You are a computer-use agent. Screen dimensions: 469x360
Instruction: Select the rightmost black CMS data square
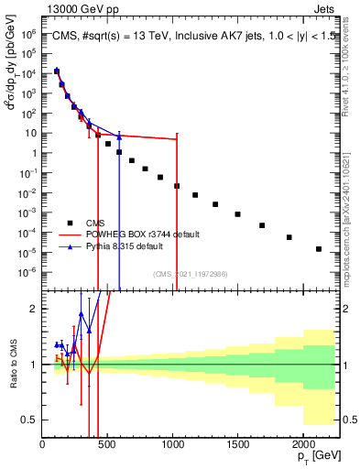coord(319,248)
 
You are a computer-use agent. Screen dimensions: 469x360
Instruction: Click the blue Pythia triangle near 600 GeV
coord(119,137)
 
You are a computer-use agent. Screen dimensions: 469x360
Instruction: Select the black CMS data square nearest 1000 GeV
coord(177,185)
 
